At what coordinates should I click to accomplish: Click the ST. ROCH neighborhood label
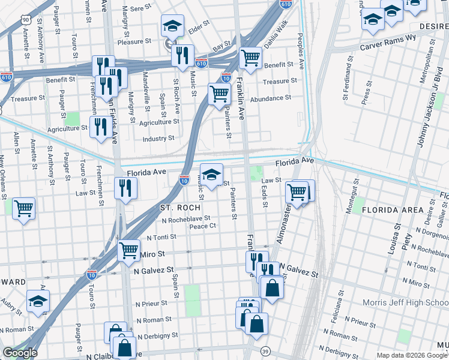(180, 208)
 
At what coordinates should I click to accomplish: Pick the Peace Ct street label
(202, 226)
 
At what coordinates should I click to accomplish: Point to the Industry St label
(158, 139)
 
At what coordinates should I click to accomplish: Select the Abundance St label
(271, 98)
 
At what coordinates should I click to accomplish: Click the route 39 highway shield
(265, 351)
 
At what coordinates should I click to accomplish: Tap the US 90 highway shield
(25, 20)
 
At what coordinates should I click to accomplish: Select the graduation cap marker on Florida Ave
(211, 174)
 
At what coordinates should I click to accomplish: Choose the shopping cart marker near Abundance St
(219, 93)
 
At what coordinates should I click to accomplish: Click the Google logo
(20, 353)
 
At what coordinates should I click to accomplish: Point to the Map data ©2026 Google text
(412, 355)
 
